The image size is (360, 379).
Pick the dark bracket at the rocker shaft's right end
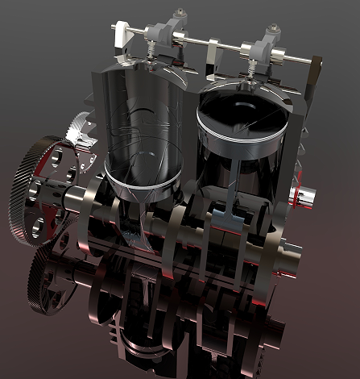pos(315,65)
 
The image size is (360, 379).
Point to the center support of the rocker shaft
pos(211,56)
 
